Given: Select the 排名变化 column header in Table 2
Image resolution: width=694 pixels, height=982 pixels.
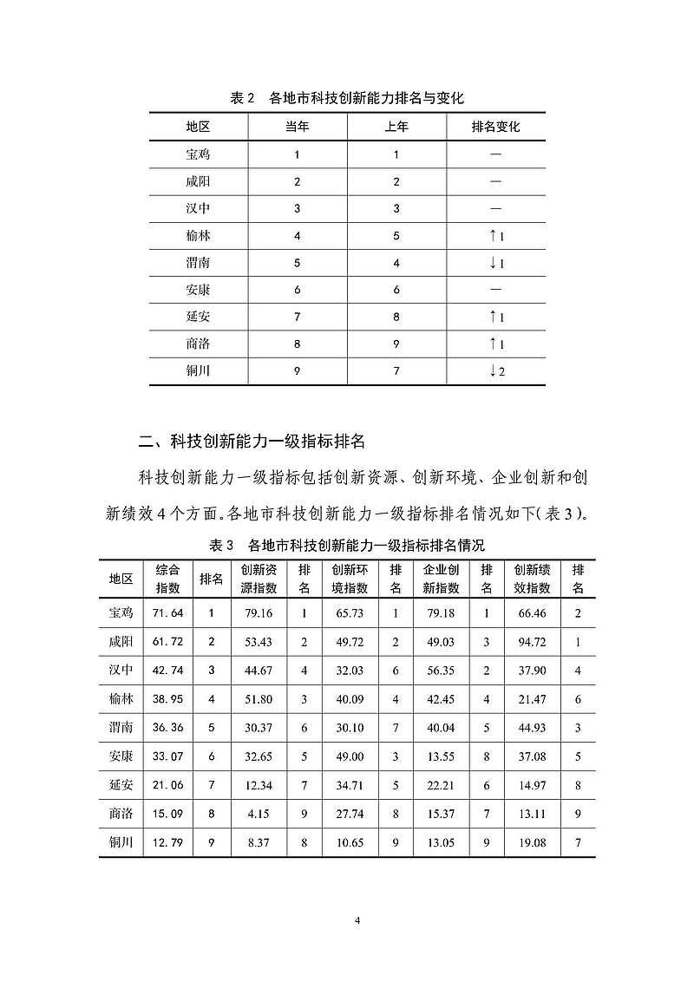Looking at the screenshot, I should point(495,127).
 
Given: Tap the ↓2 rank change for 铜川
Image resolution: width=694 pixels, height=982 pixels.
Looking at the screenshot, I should point(496,371).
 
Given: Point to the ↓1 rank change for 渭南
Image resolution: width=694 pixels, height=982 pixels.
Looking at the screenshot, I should point(496,263).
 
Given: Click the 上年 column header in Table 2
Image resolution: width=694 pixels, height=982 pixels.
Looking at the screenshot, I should point(396,127).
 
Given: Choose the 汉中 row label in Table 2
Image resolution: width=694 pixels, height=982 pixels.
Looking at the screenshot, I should point(198,209).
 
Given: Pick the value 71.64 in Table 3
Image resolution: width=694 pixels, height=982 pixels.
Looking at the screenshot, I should point(168,613).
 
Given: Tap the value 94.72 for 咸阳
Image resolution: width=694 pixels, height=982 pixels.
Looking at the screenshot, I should point(531,642).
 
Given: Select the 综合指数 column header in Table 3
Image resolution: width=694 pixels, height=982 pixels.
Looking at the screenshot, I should point(168,579).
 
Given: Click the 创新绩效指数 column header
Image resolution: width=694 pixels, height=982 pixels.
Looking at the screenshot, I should point(532,579).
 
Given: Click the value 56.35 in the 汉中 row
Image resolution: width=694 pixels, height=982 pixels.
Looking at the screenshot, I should point(441,671).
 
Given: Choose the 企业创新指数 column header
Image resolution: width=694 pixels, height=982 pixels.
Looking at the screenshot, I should point(441,579).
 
